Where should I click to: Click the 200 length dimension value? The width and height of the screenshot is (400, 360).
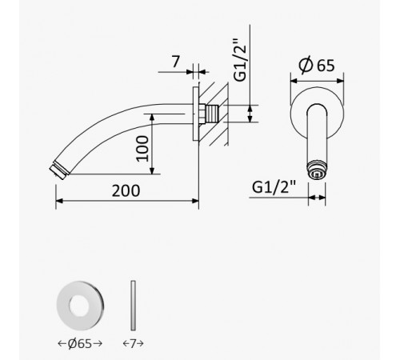[126, 190]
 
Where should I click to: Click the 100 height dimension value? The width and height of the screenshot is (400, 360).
[142, 149]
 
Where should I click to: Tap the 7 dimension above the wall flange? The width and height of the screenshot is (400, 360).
[175, 62]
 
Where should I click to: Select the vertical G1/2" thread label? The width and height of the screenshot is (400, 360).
[240, 60]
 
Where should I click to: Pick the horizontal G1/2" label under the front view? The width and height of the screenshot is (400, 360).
[274, 187]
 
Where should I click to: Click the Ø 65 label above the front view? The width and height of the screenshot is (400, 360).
[317, 65]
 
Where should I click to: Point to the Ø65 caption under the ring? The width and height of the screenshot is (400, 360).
[80, 343]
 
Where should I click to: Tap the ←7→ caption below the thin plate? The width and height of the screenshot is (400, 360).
[134, 343]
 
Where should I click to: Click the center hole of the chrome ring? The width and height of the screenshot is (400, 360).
[79, 306]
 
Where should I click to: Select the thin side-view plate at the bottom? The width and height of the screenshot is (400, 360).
[133, 306]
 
